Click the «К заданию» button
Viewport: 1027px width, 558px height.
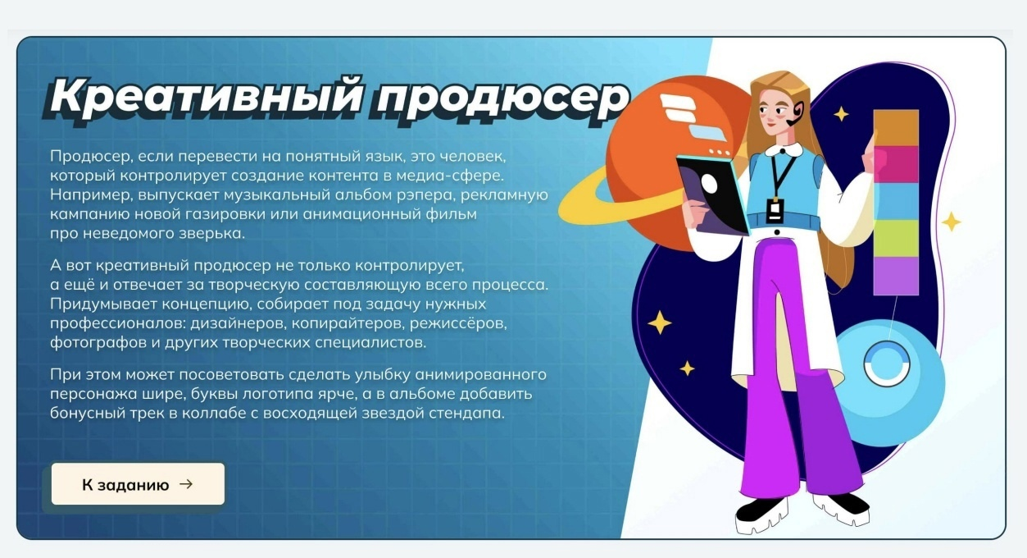(138, 483)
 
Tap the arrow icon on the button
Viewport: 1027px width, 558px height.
(186, 484)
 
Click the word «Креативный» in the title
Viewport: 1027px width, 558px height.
(207, 97)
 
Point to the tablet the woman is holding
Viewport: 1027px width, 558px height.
(713, 195)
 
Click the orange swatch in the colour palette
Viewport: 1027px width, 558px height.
(896, 128)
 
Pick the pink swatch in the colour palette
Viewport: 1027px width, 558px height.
(896, 165)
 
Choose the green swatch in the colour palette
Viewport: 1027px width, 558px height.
(896, 238)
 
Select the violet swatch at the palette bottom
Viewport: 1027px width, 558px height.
(896, 276)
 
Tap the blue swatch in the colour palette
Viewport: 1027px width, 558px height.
(896, 201)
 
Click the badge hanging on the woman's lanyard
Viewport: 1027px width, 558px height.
(775, 211)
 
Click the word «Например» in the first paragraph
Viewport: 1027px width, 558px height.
(89, 195)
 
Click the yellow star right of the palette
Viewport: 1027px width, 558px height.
(952, 222)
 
